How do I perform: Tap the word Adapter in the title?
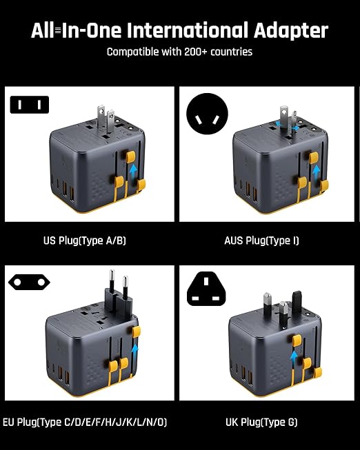point(292,30)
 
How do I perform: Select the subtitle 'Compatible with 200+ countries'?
point(179,52)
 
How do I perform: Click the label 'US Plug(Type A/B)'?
point(84,241)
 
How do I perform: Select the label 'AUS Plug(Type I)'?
point(261,241)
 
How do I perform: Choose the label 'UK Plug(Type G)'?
point(261,420)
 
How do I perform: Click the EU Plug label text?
point(84,420)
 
